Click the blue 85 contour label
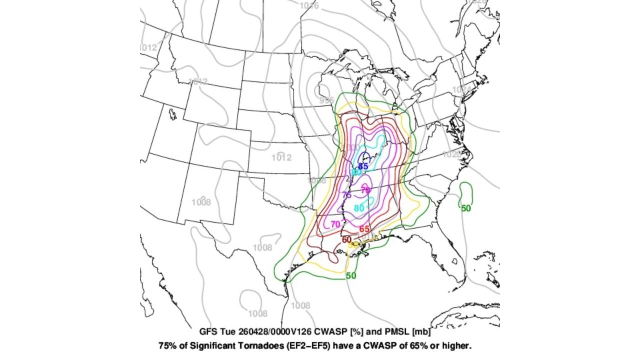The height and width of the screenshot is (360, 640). [363, 166]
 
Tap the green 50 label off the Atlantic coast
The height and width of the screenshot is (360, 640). [466, 208]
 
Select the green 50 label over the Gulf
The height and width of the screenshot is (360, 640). [351, 275]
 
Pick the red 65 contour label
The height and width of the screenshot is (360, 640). [364, 229]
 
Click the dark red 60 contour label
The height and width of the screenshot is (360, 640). [346, 239]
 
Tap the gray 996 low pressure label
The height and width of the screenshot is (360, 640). [326, 100]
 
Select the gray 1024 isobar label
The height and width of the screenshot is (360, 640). [460, 89]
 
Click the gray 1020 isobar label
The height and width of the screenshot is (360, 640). [451, 154]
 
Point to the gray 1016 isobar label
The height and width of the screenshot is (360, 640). [309, 5]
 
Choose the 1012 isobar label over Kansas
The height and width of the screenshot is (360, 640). [281, 158]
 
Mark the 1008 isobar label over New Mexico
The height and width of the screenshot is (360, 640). [201, 202]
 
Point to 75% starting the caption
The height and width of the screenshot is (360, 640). [167, 345]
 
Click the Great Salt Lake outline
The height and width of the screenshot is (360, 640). [173, 114]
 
